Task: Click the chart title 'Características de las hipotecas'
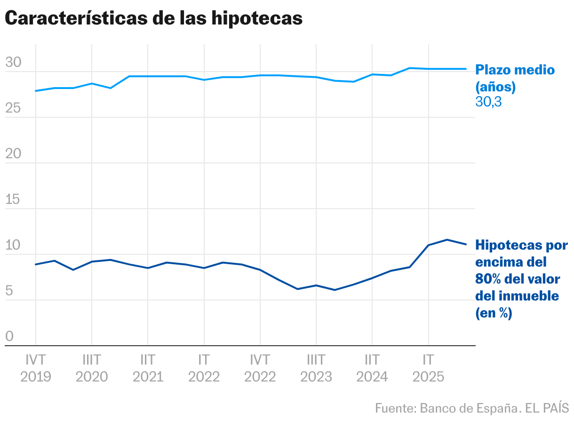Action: click(x=153, y=18)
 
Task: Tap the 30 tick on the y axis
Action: click(x=13, y=62)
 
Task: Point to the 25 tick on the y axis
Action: click(x=13, y=108)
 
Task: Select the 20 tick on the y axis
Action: click(x=13, y=154)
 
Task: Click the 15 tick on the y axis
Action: click(x=13, y=199)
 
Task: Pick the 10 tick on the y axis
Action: click(x=13, y=245)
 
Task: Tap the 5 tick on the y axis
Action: click(x=9, y=291)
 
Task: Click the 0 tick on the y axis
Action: click(x=9, y=336)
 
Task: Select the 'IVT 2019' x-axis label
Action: click(x=36, y=368)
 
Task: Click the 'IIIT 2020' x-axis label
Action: click(x=92, y=368)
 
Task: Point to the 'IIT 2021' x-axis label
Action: click(x=148, y=368)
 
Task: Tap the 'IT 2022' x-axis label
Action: click(x=204, y=368)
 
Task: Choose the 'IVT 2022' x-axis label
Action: click(x=260, y=368)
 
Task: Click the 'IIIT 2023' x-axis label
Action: click(x=316, y=368)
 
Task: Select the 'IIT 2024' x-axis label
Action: click(x=372, y=368)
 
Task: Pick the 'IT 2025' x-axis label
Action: click(x=428, y=368)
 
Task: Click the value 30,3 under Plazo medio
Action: click(x=488, y=101)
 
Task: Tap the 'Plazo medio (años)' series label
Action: click(x=515, y=78)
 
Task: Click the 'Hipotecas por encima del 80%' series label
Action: click(x=521, y=279)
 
